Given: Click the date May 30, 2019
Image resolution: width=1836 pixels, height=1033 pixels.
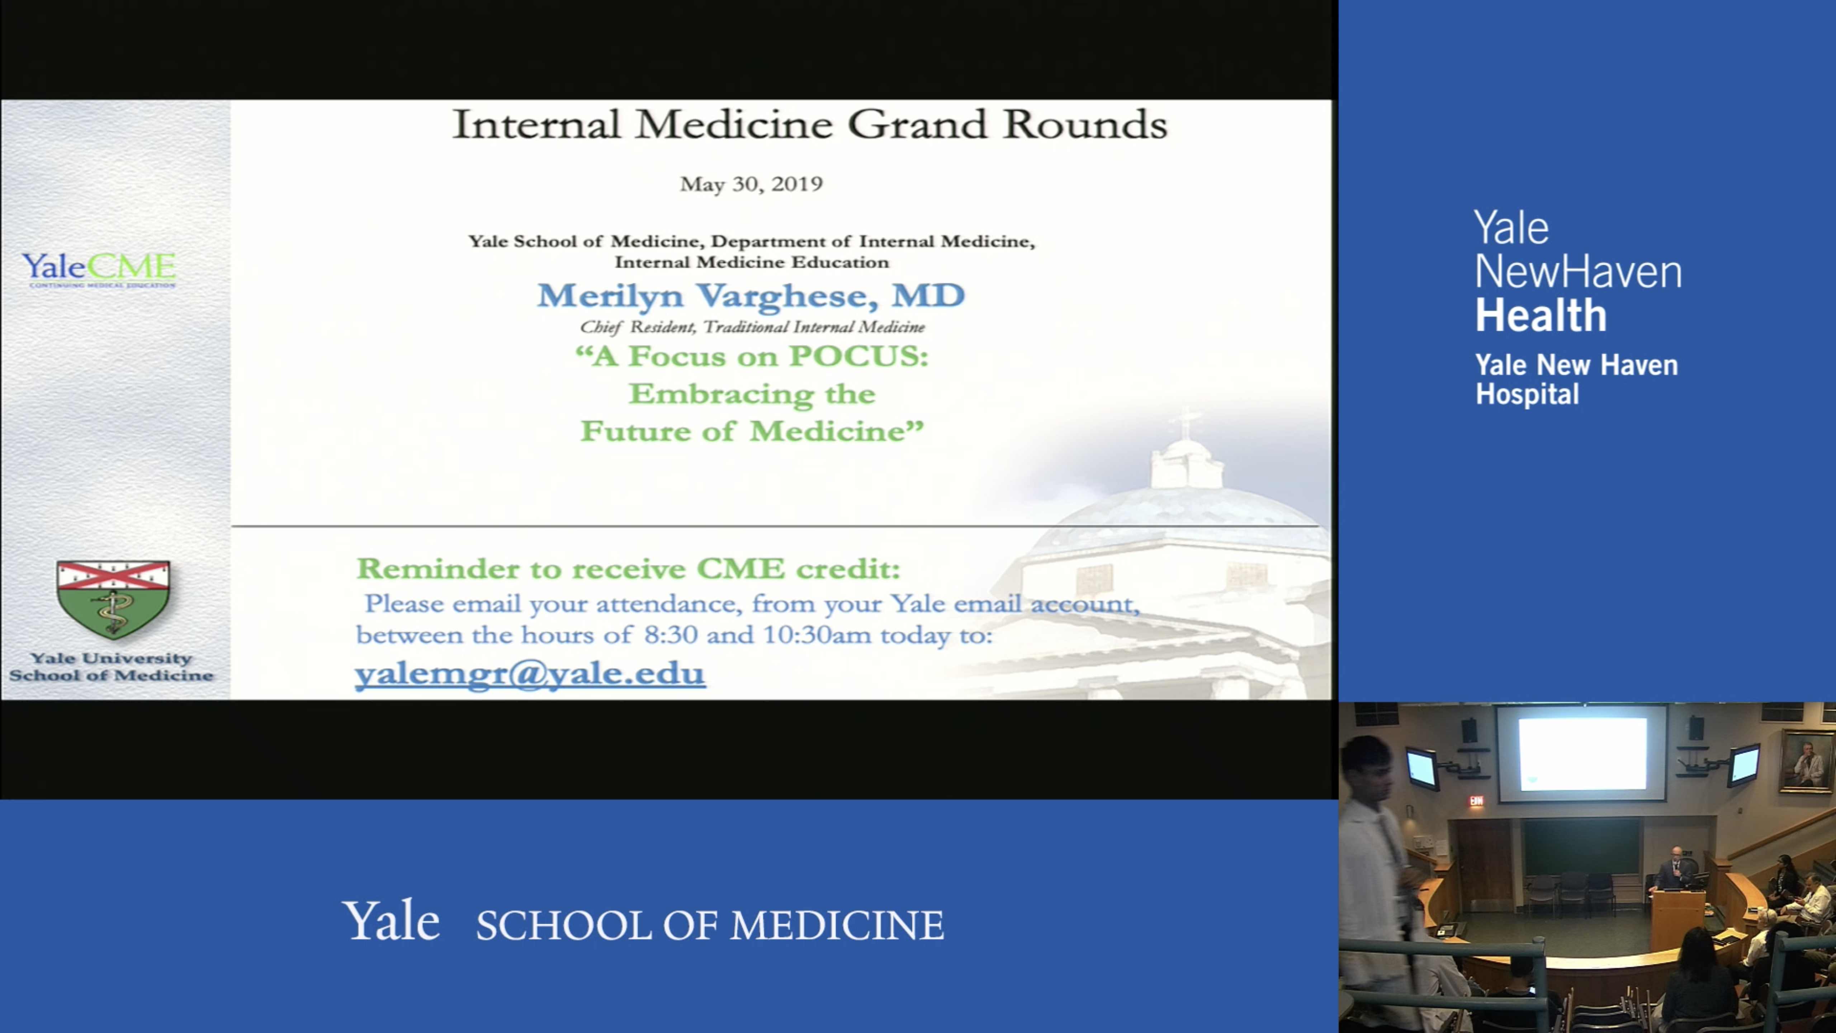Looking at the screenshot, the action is (x=751, y=184).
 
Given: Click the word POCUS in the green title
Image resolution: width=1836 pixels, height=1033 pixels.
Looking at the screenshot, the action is (x=858, y=356).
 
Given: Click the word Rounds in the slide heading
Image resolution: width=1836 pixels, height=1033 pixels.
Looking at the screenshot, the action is (x=1085, y=125).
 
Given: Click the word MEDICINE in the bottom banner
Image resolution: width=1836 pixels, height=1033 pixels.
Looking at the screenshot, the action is (x=837, y=925).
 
